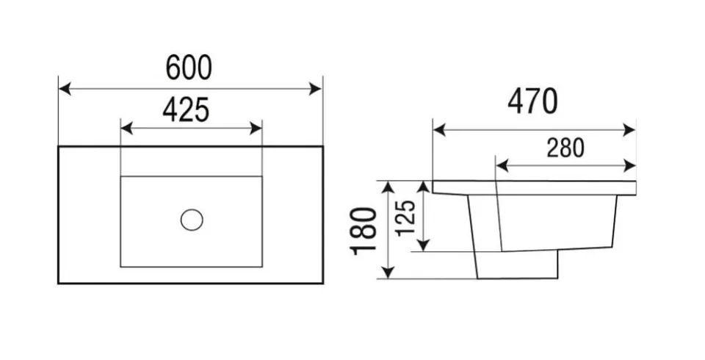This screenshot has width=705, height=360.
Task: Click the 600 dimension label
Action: (189, 68)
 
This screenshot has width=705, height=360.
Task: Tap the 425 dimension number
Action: (186, 109)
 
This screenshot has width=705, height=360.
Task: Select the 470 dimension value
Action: (533, 101)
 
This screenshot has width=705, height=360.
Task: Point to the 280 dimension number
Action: (565, 148)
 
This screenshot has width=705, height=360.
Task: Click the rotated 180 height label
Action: (364, 231)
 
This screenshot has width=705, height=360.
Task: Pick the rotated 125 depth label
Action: (405, 217)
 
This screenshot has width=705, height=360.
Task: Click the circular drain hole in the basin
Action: (192, 220)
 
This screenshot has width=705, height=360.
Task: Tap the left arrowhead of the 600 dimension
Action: (65, 89)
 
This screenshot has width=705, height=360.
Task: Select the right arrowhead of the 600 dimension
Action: (316, 89)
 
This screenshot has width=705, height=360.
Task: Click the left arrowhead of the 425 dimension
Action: (127, 129)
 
